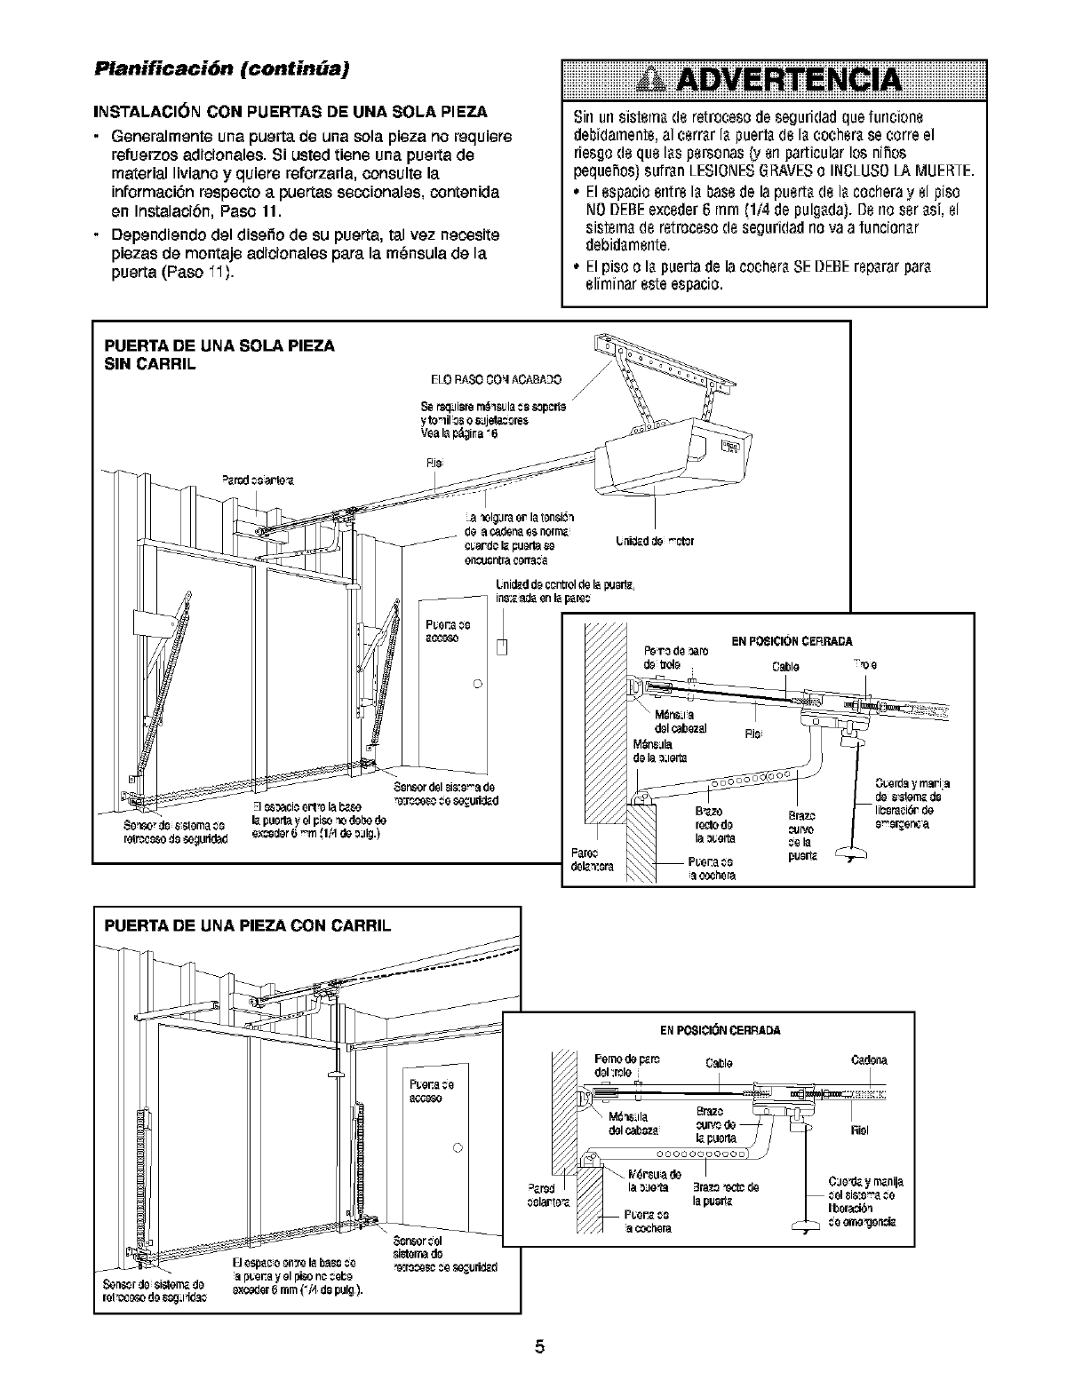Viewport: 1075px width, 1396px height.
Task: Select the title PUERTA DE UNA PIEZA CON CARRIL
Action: click(248, 928)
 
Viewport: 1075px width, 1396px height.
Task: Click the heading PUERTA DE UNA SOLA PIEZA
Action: click(219, 345)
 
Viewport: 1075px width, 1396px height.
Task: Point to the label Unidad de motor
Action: click(654, 541)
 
